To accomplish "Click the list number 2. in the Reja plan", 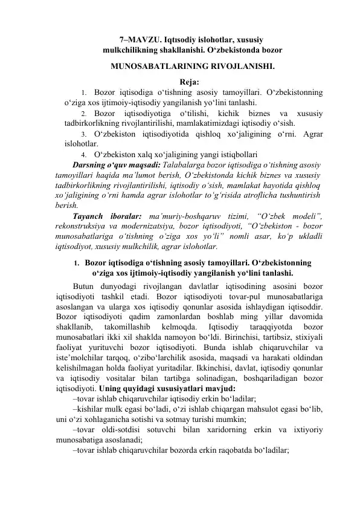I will click(84, 112).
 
